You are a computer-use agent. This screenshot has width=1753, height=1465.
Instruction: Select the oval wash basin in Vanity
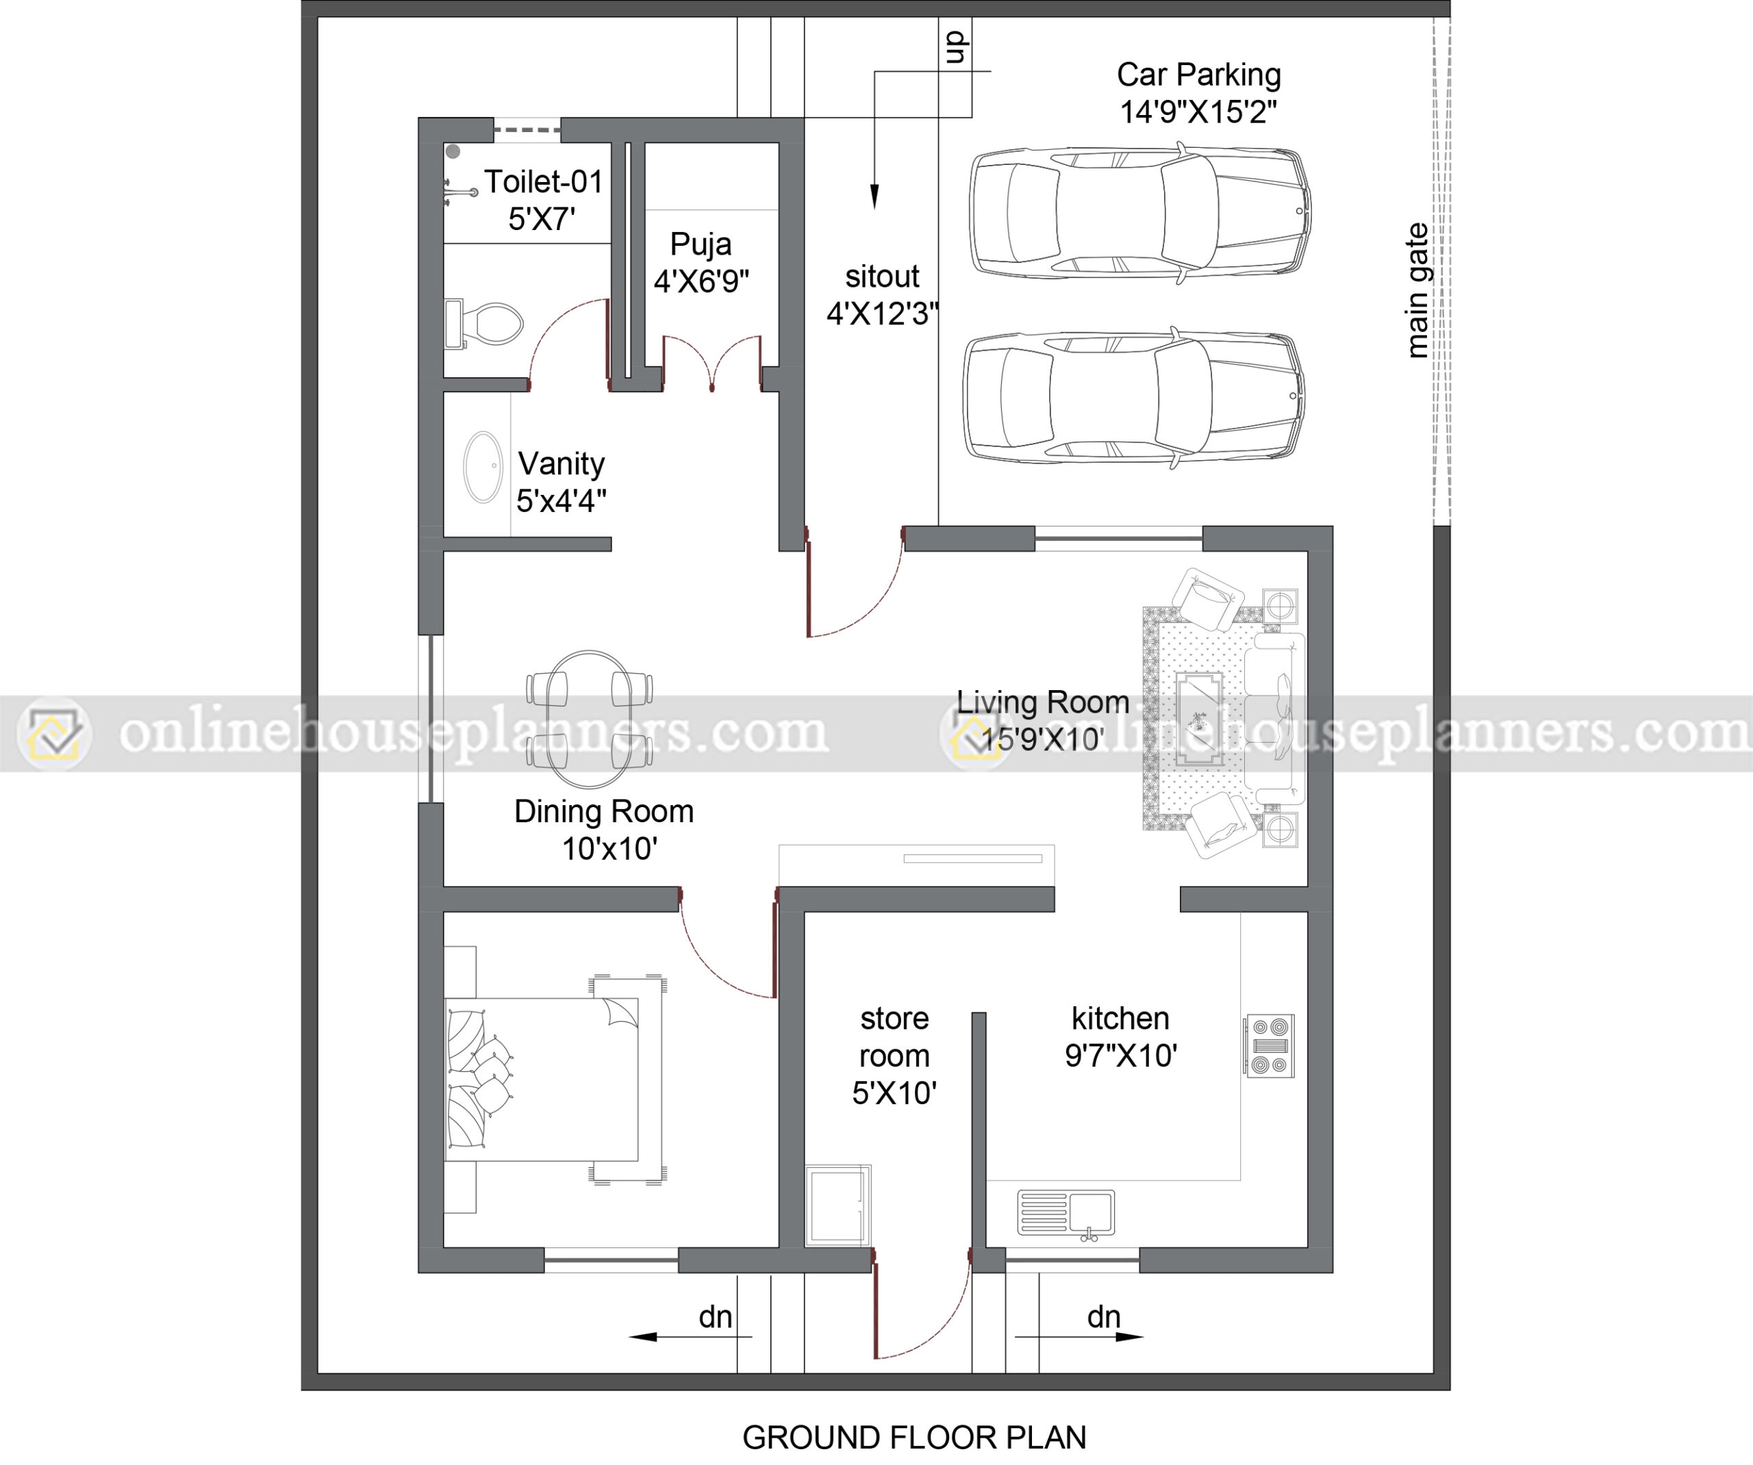point(483,467)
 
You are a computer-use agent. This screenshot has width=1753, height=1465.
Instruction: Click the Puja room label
point(701,244)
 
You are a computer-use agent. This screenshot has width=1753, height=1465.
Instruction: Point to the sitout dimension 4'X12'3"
point(883,314)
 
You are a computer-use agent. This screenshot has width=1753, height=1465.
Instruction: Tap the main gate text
point(1417,290)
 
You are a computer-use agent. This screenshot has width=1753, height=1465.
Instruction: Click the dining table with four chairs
point(590,719)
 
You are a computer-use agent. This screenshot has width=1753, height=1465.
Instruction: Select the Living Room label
point(1043,702)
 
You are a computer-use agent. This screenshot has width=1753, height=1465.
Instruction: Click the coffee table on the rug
point(1200,719)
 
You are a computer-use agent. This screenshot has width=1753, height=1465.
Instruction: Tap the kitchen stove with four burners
point(1270,1046)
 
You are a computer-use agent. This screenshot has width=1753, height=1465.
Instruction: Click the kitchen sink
point(1066,1213)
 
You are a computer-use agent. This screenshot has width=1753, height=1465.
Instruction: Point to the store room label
point(894,1036)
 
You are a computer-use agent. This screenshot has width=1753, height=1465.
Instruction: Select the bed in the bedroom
point(542,1080)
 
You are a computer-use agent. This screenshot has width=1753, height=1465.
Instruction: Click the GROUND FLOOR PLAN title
point(914,1438)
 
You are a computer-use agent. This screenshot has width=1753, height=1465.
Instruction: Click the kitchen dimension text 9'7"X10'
point(1120,1056)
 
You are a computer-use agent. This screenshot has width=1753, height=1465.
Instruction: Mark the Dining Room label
point(603,811)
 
